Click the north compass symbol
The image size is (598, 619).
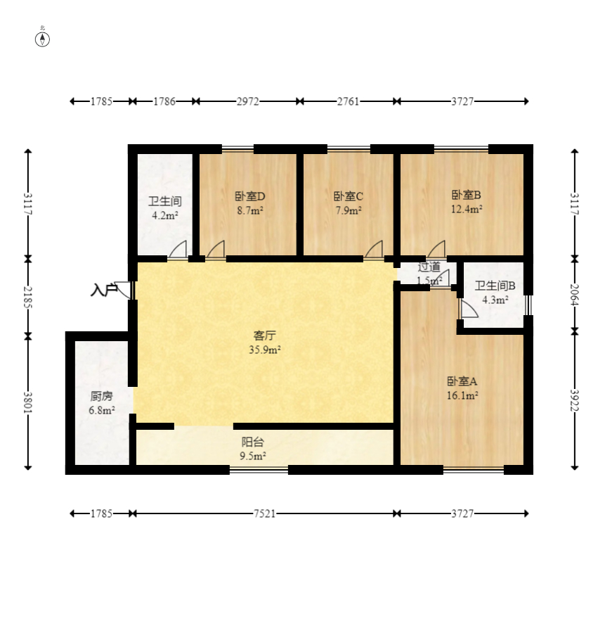[42, 39]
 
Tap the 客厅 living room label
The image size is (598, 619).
[264, 336]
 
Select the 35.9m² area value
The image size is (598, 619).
[265, 350]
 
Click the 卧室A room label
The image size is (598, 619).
[462, 381]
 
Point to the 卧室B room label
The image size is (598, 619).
[467, 195]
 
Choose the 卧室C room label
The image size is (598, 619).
[349, 196]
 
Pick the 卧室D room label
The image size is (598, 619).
[250, 196]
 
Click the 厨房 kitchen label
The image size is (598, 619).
[101, 396]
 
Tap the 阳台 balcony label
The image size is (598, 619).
[252, 442]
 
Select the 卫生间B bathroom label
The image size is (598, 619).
[495, 286]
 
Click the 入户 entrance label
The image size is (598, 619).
[104, 290]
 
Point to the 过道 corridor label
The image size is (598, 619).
[429, 267]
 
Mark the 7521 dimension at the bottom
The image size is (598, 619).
[264, 513]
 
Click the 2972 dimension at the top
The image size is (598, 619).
[248, 101]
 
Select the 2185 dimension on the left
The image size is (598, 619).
[28, 298]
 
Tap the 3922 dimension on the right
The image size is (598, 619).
[575, 400]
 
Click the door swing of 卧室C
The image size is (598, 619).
[374, 250]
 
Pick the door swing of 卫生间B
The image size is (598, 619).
[469, 309]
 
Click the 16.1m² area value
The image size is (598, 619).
[462, 395]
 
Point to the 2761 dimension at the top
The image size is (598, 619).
[348, 101]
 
